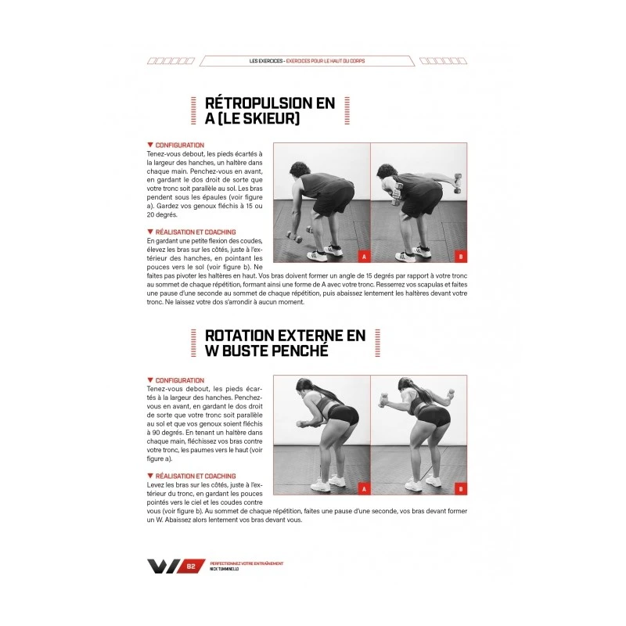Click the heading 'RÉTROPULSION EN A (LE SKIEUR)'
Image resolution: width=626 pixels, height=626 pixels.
point(269,110)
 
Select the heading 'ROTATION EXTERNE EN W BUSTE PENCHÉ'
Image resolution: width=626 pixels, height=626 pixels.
point(285,343)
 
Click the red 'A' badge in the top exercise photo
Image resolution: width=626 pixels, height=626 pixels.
point(363,256)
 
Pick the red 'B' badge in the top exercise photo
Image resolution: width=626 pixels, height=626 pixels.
point(460,256)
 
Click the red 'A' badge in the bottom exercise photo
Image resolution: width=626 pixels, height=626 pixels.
point(363,489)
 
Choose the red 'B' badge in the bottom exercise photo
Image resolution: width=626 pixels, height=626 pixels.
point(460,489)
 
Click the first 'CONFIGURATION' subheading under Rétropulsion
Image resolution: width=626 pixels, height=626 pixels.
point(179,146)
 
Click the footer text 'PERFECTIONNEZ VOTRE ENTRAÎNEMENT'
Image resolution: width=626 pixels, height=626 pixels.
point(246,563)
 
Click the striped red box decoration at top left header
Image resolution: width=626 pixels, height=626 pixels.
point(171,61)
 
